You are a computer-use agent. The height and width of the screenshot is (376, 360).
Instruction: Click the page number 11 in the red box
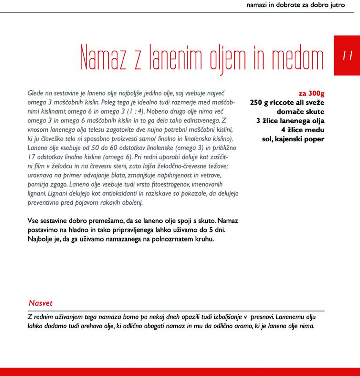click(x=347, y=55)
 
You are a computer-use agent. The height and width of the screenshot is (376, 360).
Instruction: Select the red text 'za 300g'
click(x=311, y=94)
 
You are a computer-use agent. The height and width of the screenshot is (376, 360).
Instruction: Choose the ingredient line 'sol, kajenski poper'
click(x=293, y=139)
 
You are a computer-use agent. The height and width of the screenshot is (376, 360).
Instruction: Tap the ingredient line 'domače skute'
click(x=300, y=112)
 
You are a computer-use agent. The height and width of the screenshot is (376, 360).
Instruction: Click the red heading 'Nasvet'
click(x=41, y=303)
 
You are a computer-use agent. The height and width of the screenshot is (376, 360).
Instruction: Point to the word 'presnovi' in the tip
click(x=262, y=317)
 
